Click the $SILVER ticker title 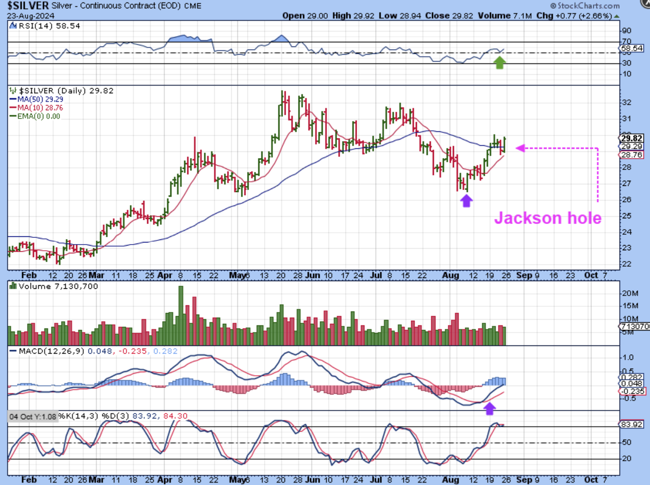click(x=28, y=6)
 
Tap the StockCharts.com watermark click(x=584, y=6)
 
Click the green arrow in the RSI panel click(x=500, y=63)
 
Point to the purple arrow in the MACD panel click(x=489, y=408)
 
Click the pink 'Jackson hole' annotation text click(x=548, y=218)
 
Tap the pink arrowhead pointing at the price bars click(x=519, y=148)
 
